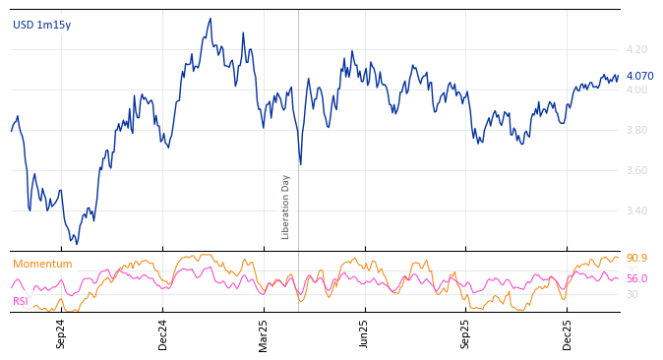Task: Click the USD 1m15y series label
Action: click(x=41, y=25)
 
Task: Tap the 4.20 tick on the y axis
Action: click(x=636, y=49)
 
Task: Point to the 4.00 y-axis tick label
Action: click(x=636, y=90)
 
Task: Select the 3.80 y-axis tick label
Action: click(x=636, y=130)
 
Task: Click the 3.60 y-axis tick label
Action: click(x=636, y=170)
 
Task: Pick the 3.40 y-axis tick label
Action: click(x=636, y=210)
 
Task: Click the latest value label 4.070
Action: click(x=639, y=76)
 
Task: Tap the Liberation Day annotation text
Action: click(x=286, y=207)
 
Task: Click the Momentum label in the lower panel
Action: click(x=42, y=264)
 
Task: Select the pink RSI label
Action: click(x=20, y=301)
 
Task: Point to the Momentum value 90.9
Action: click(x=636, y=258)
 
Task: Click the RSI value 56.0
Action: click(x=636, y=278)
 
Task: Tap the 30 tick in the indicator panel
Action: click(x=632, y=294)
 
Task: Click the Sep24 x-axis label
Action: click(x=61, y=333)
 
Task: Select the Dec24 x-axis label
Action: click(x=163, y=333)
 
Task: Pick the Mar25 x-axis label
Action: click(x=264, y=333)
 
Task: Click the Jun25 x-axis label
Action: click(x=365, y=333)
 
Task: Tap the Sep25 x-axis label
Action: click(x=466, y=333)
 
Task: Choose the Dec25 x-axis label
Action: click(x=568, y=333)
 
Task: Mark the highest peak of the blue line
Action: click(x=210, y=19)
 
